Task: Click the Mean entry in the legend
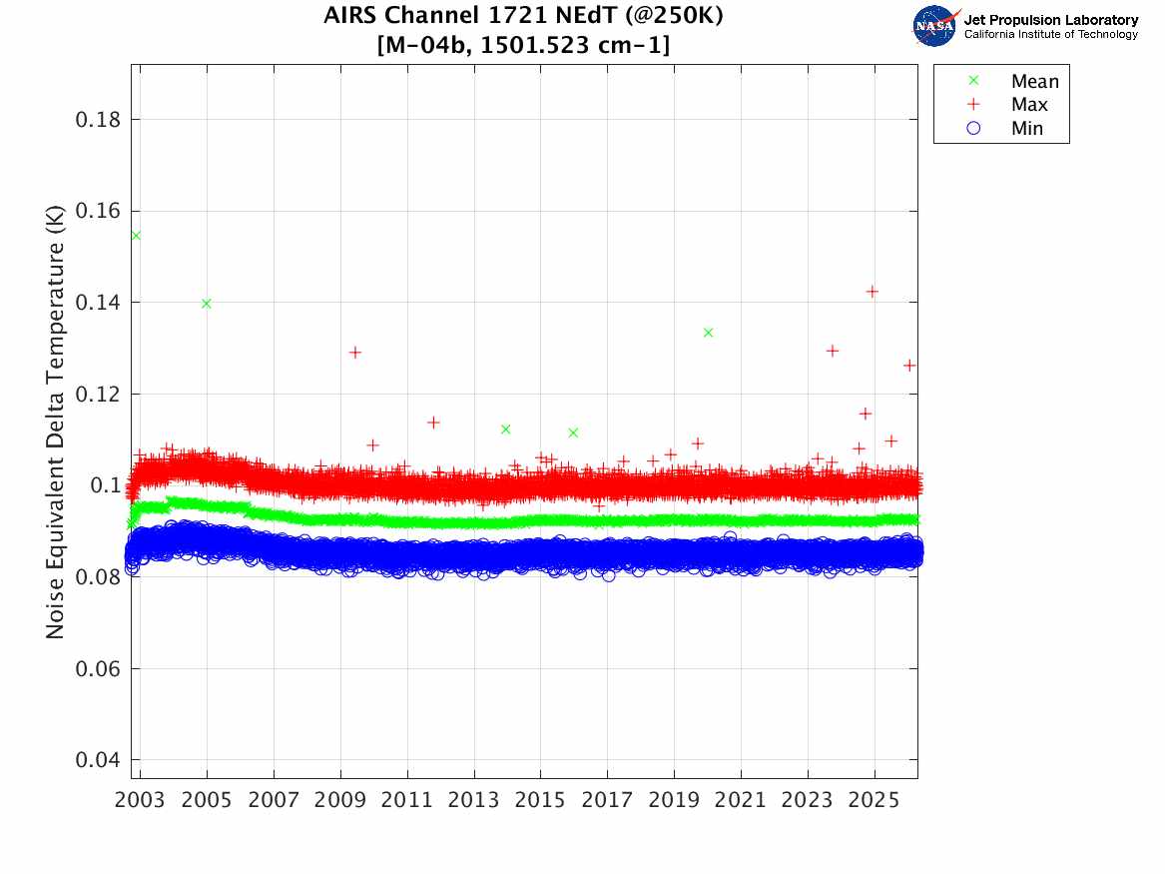click(1034, 82)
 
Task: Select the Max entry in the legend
click(1029, 105)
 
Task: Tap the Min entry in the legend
click(1027, 128)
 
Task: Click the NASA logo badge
click(935, 26)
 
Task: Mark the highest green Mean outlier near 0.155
click(136, 236)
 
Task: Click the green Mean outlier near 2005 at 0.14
click(207, 304)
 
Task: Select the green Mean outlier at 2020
click(708, 333)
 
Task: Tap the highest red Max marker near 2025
click(873, 292)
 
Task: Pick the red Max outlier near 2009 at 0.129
click(354, 353)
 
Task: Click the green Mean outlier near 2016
click(573, 433)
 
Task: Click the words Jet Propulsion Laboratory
click(1051, 20)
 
